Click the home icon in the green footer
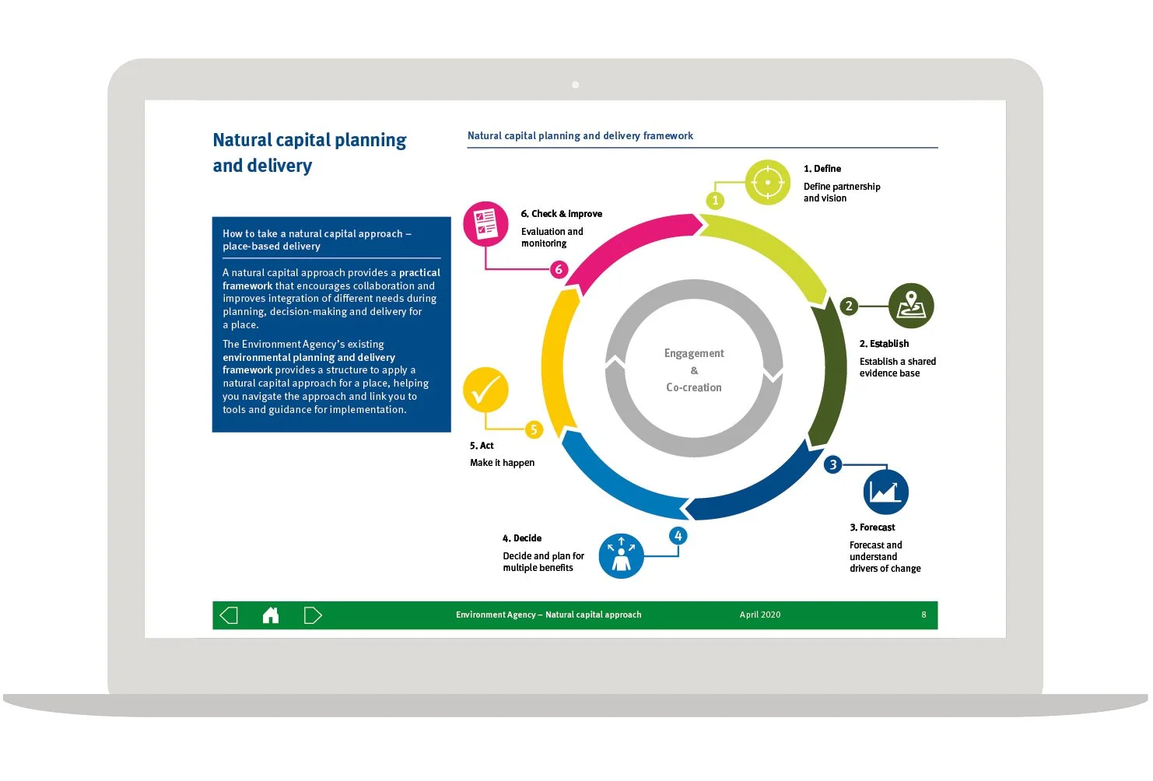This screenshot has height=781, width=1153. click(x=271, y=615)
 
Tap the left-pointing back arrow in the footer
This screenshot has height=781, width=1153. click(x=229, y=615)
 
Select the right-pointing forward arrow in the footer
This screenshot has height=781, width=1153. click(x=313, y=615)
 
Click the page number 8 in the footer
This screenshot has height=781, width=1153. click(x=923, y=615)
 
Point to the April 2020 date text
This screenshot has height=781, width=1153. click(x=759, y=615)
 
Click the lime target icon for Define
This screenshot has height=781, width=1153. click(x=768, y=183)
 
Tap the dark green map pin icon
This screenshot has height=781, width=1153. click(x=911, y=306)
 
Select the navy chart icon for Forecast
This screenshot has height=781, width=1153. click(x=885, y=492)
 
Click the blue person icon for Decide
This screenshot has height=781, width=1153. click(x=621, y=555)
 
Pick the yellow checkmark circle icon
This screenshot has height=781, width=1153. click(x=485, y=390)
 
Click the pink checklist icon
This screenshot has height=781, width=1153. click(x=485, y=224)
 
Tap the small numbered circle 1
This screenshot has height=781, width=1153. click(x=716, y=201)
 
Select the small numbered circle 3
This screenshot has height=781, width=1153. click(x=833, y=464)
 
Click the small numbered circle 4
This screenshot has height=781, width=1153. click(x=678, y=535)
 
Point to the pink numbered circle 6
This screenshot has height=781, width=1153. click(x=559, y=270)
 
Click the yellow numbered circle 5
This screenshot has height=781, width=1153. click(x=534, y=429)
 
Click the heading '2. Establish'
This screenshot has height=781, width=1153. click(x=884, y=344)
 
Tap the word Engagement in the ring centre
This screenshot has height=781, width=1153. click(x=694, y=353)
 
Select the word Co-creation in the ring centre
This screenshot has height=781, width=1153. click(x=694, y=387)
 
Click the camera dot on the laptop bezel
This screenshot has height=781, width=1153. click(x=575, y=84)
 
